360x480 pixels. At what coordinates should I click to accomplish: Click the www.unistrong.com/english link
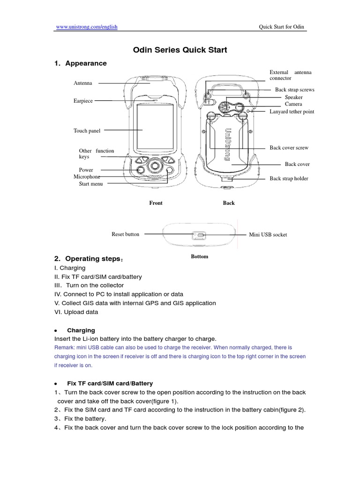(x=87, y=27)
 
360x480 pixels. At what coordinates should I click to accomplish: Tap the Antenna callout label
(x=83, y=83)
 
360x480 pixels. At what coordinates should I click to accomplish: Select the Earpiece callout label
(x=83, y=100)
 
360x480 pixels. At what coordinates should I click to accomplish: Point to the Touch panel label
(x=87, y=131)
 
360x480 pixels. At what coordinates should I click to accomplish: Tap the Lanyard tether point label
(x=292, y=112)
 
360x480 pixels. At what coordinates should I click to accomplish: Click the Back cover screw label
(x=289, y=148)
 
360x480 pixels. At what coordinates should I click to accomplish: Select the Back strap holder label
(x=289, y=179)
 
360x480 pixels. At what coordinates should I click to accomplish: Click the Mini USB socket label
(x=268, y=234)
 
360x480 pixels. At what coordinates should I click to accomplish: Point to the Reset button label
(x=125, y=234)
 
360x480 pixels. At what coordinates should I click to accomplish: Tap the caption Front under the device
(x=156, y=203)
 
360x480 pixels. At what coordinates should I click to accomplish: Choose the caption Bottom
(x=199, y=256)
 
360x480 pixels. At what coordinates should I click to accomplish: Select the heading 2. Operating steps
(x=89, y=259)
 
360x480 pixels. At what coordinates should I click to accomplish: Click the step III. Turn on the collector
(x=89, y=285)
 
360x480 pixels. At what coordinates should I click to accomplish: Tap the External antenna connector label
(x=290, y=75)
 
